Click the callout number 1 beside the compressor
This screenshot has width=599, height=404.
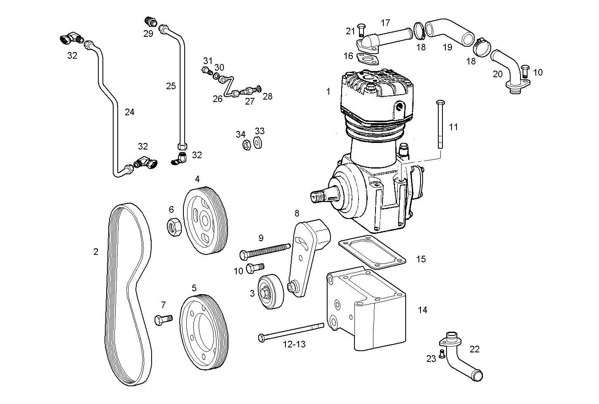(x=328, y=92)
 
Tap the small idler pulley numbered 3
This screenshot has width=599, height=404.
(x=271, y=292)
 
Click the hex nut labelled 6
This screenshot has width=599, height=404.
(x=174, y=227)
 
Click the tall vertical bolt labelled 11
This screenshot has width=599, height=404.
(x=440, y=124)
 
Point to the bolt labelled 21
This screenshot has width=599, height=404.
(x=360, y=29)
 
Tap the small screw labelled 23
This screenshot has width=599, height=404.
(x=442, y=354)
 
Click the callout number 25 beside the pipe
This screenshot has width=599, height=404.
(x=171, y=86)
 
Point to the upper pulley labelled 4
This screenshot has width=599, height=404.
(x=205, y=223)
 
